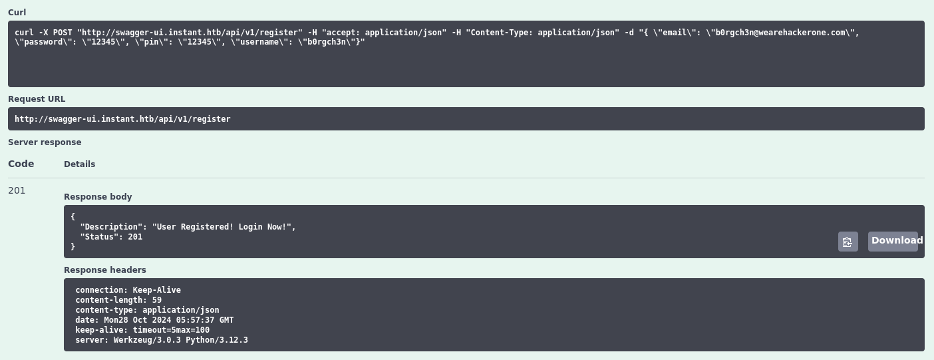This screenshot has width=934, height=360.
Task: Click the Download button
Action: tap(893, 241)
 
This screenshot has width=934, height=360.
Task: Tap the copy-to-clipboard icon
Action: tap(848, 242)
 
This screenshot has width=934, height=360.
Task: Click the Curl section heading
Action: tap(17, 13)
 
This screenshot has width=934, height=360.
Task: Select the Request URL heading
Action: tap(37, 99)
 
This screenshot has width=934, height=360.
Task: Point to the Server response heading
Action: tap(45, 142)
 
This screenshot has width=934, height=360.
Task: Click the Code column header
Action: tap(21, 164)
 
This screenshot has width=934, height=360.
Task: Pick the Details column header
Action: tap(79, 164)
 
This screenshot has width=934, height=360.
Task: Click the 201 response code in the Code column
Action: tap(17, 190)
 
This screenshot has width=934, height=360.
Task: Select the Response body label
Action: tap(98, 197)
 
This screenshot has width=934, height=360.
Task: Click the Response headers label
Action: tap(104, 270)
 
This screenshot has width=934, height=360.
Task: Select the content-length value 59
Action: tap(157, 300)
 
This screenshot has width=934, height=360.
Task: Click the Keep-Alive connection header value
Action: tap(157, 290)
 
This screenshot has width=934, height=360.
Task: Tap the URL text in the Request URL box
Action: tap(122, 119)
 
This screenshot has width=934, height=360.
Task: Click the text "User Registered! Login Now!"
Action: tap(222, 227)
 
